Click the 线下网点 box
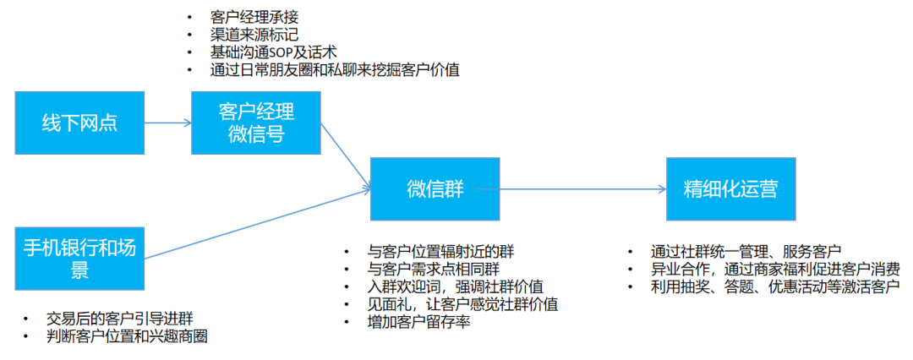pos(79,123)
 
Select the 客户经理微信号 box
pos(256,123)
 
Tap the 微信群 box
pos(435,188)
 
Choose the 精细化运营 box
pos(730,188)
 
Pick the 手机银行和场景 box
pos(79,258)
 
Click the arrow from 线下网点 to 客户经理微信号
pos(167,123)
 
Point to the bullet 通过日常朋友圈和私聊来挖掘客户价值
pos(335,70)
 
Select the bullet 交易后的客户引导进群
pos(120,319)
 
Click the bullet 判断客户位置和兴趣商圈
pos(127,336)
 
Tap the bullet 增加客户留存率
pos(418,322)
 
